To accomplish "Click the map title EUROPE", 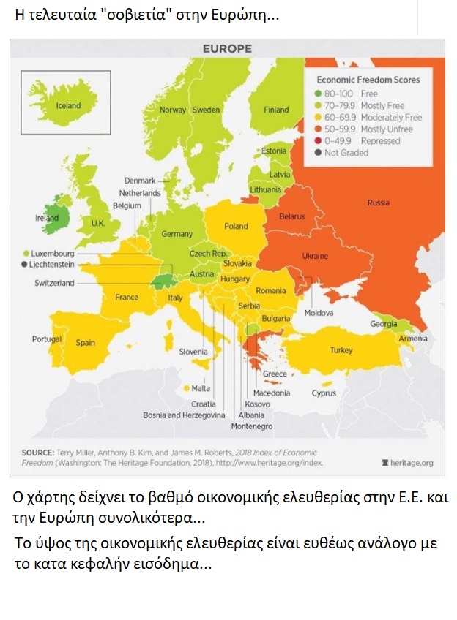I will (227, 49).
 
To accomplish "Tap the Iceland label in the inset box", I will (69, 105).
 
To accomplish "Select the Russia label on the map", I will (378, 203).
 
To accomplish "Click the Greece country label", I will (275, 374).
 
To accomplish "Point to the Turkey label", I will (341, 350).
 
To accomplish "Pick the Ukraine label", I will (316, 256).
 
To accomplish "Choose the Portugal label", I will (47, 339).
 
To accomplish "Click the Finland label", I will (276, 110).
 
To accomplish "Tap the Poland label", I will (236, 226).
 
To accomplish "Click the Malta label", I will (201, 388).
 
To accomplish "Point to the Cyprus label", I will (324, 393).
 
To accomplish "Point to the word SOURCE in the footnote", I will (38, 452).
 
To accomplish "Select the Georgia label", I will (384, 324).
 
